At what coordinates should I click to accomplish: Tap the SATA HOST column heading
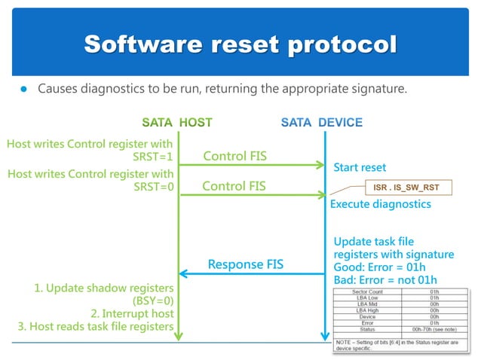click(177, 122)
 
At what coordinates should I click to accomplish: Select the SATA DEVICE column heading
click(322, 122)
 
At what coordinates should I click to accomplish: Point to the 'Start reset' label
click(360, 167)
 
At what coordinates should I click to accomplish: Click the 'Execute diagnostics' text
click(381, 204)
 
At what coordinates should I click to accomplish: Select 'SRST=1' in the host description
click(154, 157)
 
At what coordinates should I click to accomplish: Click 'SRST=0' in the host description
click(154, 188)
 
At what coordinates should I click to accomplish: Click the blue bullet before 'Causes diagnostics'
click(23, 90)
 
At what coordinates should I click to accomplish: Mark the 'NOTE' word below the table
click(345, 341)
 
